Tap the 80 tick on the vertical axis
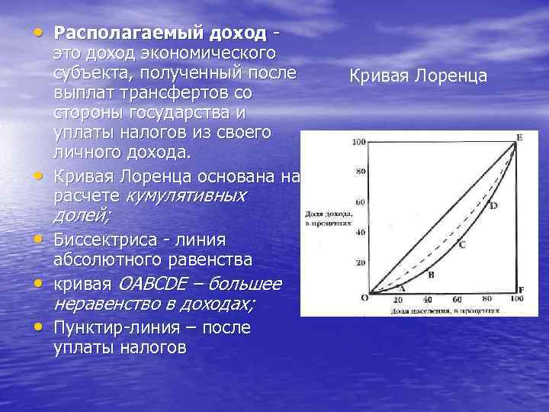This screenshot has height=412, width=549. [x=361, y=172]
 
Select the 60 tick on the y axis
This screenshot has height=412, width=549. [x=361, y=202]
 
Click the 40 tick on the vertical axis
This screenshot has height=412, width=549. [x=361, y=232]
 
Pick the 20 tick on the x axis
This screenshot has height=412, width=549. [x=397, y=300]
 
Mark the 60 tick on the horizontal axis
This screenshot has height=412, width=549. [x=457, y=300]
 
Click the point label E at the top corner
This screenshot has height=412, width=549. [x=519, y=137]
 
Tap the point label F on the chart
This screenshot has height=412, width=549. [x=521, y=291]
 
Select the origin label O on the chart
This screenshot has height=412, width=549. [x=364, y=298]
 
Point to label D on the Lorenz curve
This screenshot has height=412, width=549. [x=493, y=206]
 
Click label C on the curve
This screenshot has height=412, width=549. [x=462, y=244]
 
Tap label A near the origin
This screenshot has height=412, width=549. [x=402, y=288]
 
